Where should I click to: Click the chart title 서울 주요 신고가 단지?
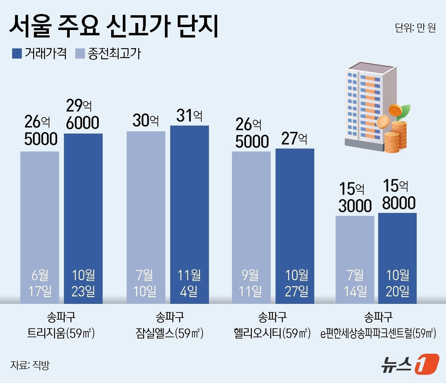point(114,27)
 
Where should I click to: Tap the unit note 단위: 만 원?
point(415,28)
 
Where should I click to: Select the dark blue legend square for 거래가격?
point(17,53)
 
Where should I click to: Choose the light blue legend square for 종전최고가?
point(80,53)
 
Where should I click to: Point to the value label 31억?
point(189,115)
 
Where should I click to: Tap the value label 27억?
point(294,138)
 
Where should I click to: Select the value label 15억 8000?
point(398,195)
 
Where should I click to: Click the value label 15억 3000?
point(355,197)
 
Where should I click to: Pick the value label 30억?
point(146,121)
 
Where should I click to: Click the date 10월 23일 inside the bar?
point(83,283)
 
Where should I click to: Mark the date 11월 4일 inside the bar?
point(189,283)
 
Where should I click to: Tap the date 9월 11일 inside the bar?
point(251,283)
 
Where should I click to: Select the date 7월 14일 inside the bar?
point(355,283)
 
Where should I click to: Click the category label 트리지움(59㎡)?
point(61,333)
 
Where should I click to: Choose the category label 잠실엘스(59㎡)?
point(169,333)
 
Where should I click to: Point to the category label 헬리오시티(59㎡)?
point(272,333)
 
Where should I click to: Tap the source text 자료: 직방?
point(30,365)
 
